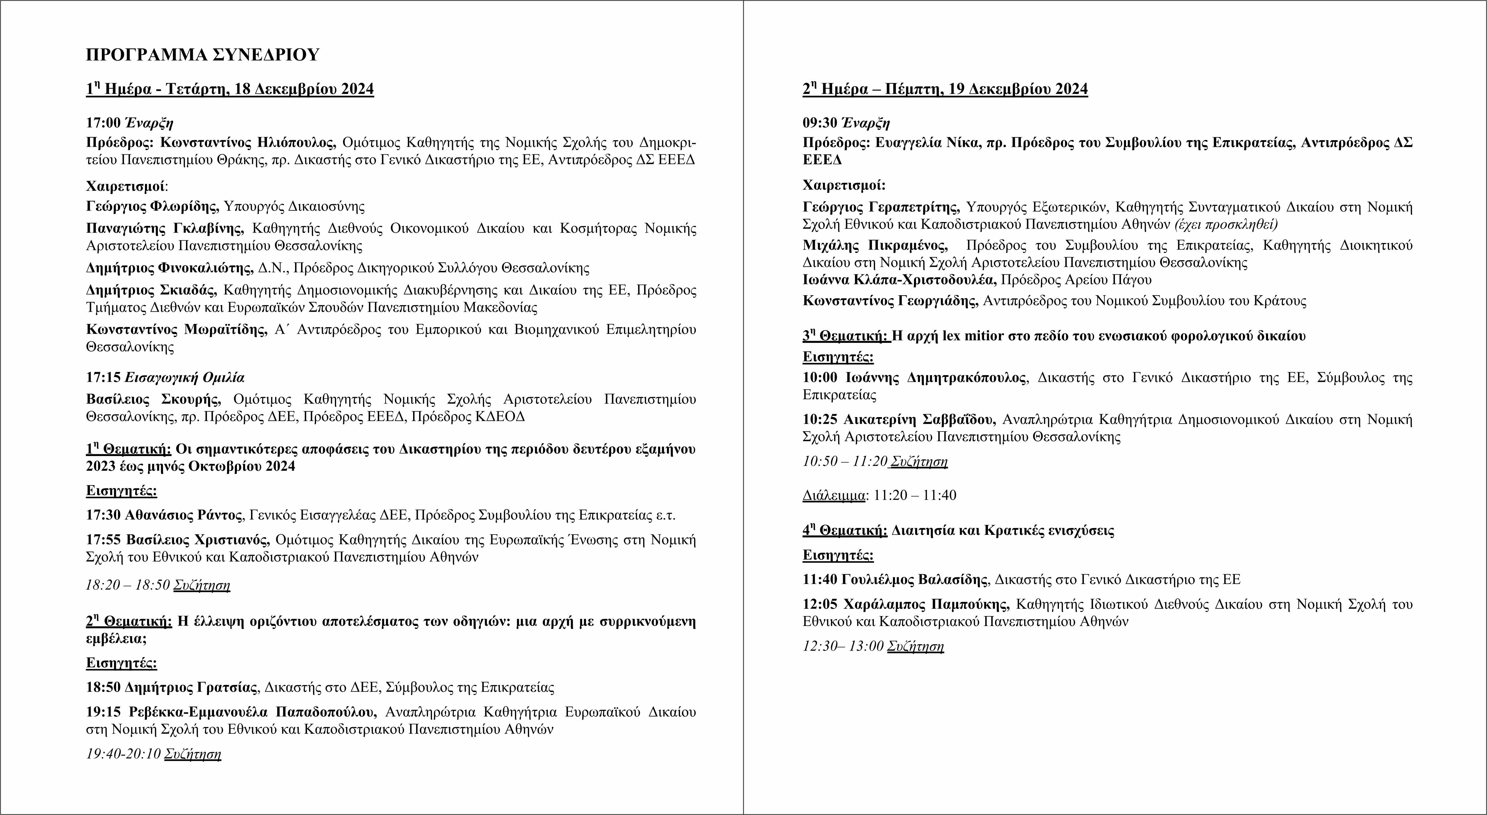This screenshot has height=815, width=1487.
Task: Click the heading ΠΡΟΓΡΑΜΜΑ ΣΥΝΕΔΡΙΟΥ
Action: pyautogui.click(x=202, y=55)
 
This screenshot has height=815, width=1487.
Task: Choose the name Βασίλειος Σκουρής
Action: pyautogui.click(x=153, y=399)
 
